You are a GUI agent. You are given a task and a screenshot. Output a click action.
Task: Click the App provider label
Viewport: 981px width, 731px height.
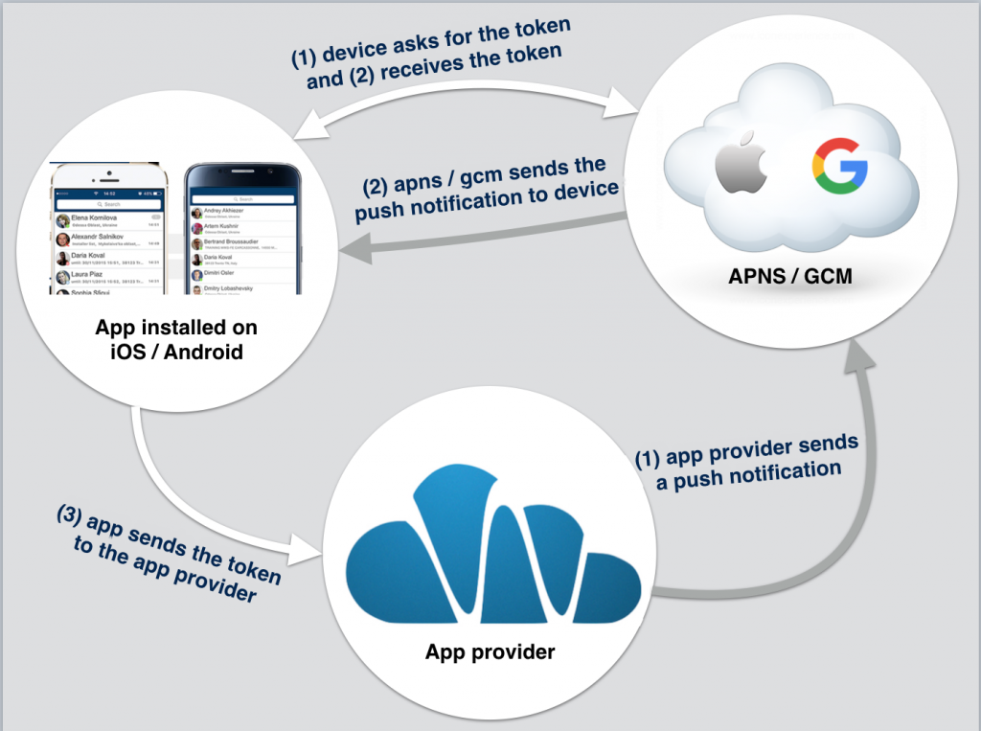pyautogui.click(x=490, y=652)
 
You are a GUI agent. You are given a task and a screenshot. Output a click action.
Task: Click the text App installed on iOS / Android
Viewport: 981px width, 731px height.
pyautogui.click(x=176, y=340)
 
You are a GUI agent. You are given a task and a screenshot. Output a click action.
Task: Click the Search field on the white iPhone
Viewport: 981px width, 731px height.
pyautogui.click(x=107, y=204)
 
